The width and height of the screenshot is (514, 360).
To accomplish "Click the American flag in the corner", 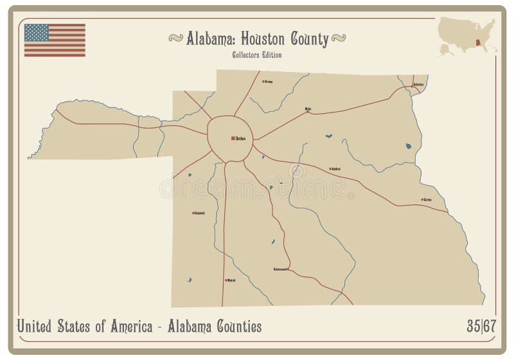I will pos(55,40).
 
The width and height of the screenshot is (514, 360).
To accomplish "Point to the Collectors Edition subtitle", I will pos(257,55).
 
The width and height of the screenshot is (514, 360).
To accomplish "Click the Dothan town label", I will pos(241,138).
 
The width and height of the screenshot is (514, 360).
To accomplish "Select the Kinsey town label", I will pos(269,82).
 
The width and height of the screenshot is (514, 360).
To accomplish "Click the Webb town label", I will pos(308,109).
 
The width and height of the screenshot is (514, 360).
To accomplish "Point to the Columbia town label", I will pos(418,84).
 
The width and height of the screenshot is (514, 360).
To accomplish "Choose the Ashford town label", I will pos(335,169).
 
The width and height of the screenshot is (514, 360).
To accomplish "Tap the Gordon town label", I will pos(427,199).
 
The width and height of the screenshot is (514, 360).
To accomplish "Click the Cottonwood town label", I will pos(281,269).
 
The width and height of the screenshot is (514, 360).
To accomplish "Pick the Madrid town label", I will pos(231,280).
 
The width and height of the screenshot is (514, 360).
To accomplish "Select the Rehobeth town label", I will pos(199,213).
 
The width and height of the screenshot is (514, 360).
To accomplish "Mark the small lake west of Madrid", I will pos(190,279).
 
